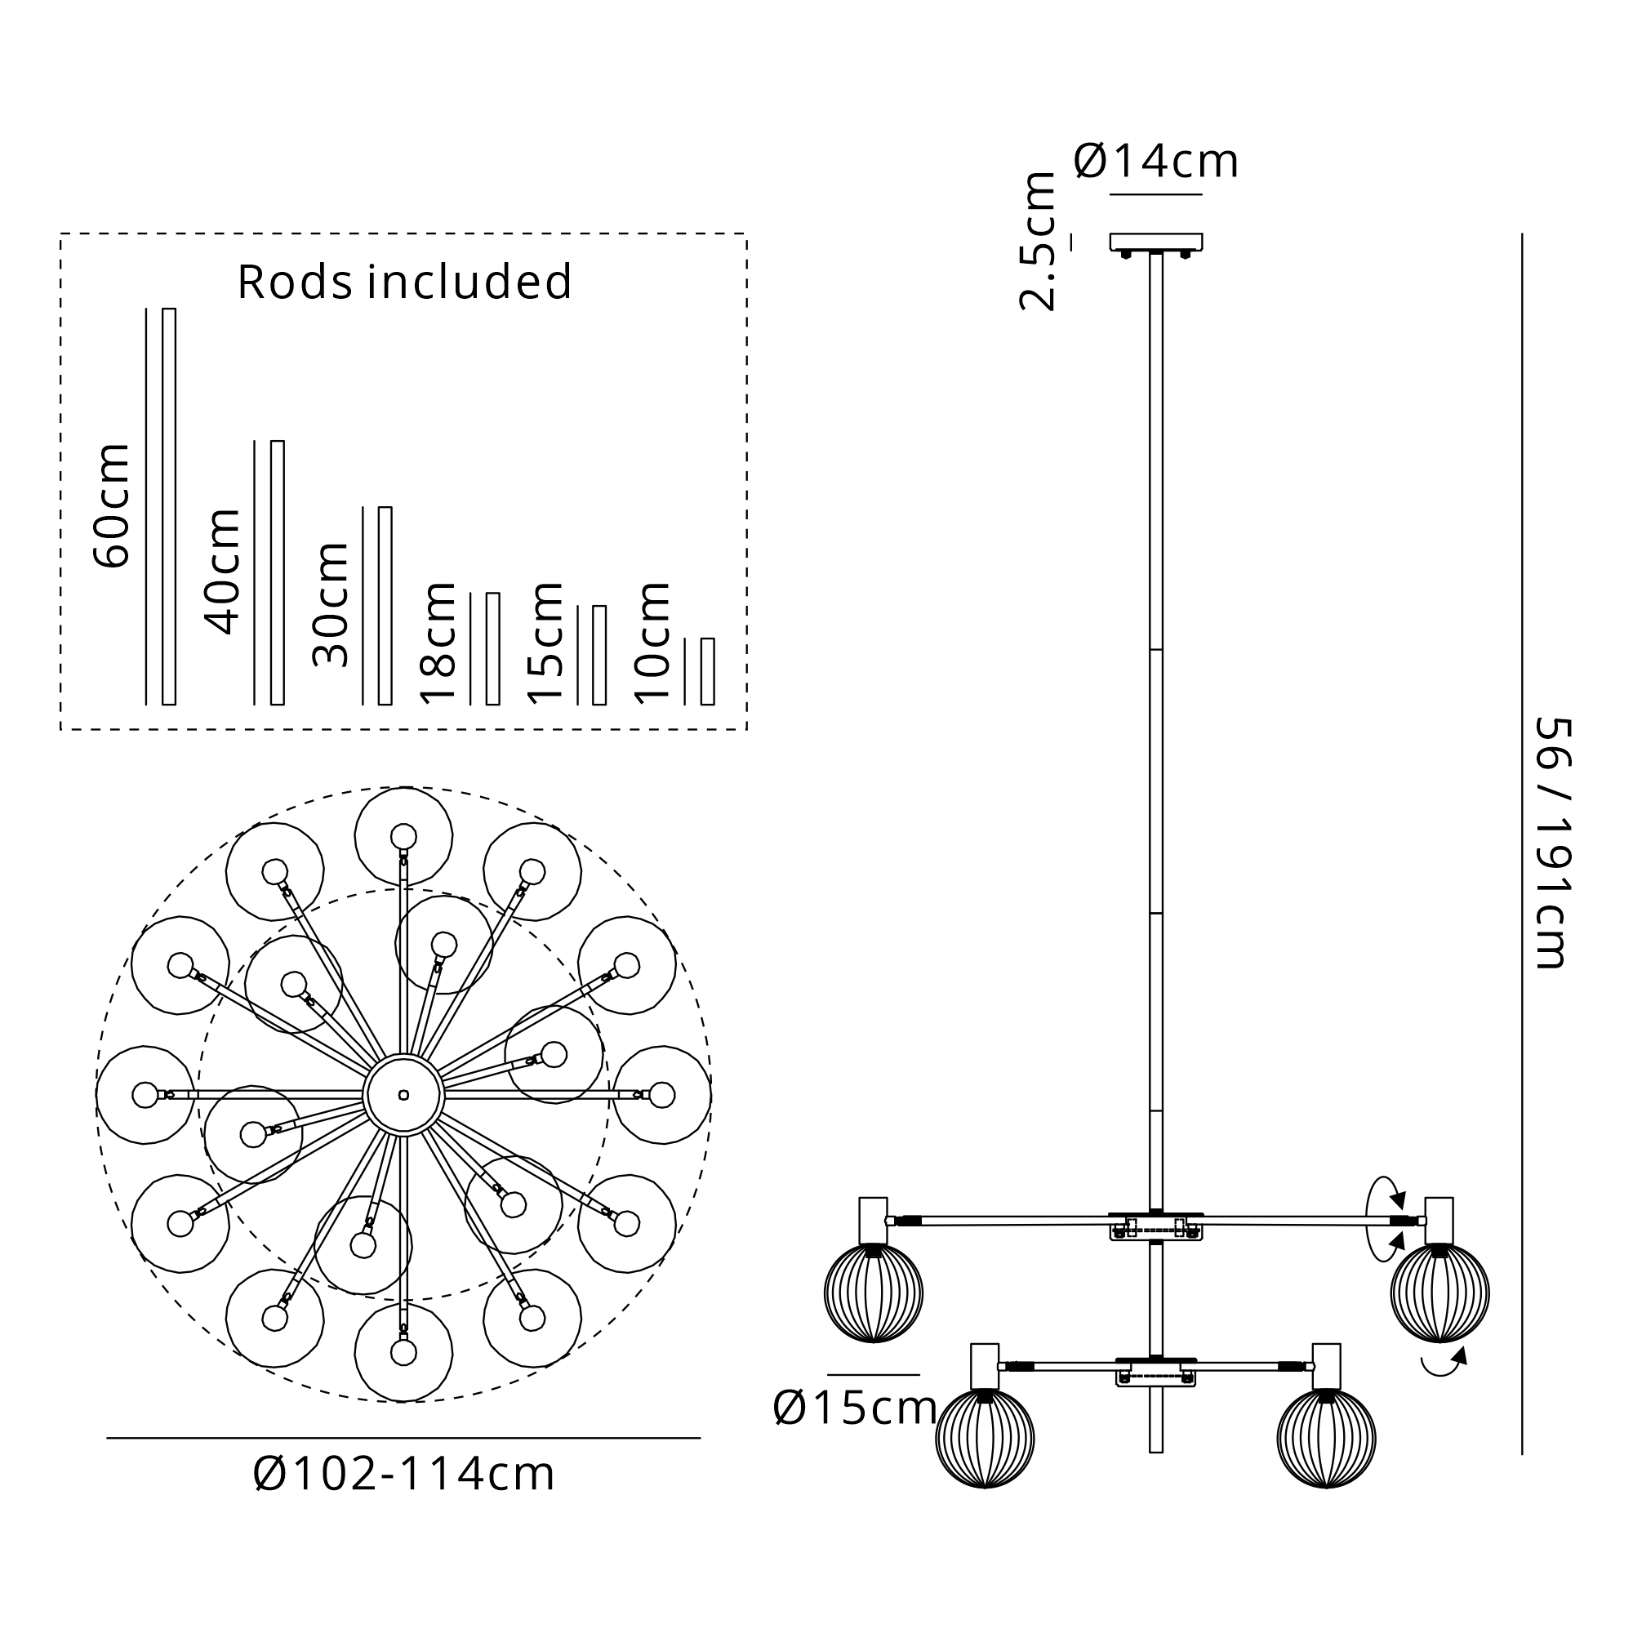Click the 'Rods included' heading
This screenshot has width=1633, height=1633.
tap(405, 282)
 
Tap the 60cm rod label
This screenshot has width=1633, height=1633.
tap(112, 505)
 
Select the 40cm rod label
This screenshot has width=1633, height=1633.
tap(221, 572)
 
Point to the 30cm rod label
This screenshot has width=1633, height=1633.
tap(330, 604)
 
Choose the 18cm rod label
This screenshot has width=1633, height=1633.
tap(438, 643)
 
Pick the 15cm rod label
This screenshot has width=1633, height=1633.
tap(545, 643)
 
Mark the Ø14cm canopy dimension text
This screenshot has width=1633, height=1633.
tap(1155, 161)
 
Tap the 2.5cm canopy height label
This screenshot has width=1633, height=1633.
tap(1038, 242)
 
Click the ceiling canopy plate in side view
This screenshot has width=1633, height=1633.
tap(1155, 243)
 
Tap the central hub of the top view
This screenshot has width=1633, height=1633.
tap(403, 1095)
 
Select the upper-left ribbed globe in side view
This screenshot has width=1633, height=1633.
tap(873, 1293)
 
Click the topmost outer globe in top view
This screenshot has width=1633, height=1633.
tap(403, 836)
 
